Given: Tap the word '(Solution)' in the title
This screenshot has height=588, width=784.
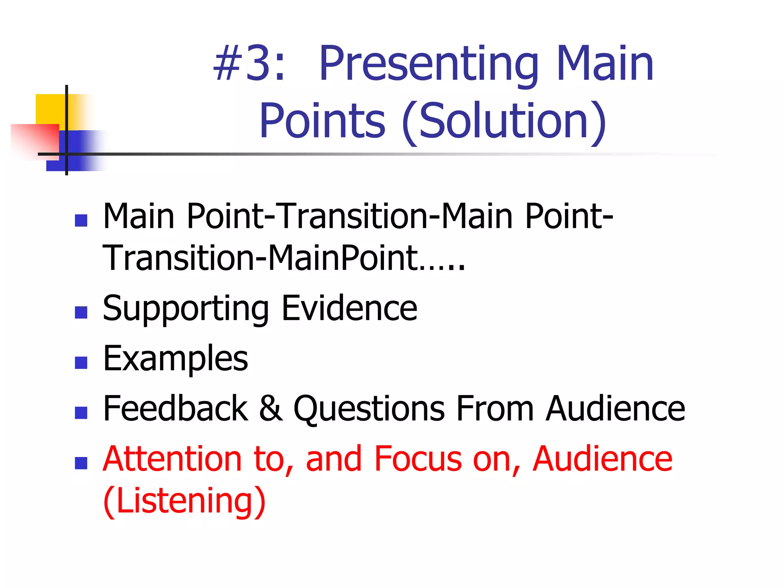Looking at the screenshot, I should coord(504,122).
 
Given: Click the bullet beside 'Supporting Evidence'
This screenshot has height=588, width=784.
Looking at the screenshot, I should coord(81,312).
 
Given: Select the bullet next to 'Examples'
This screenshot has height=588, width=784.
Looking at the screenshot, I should coord(81,363).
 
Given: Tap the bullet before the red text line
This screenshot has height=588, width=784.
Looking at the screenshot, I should coord(81,463).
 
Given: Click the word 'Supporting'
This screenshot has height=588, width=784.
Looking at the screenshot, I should coord(186,309).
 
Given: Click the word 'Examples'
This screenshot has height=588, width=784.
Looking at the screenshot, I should coord(176,359).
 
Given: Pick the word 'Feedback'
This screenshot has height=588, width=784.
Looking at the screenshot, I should coord(176,408).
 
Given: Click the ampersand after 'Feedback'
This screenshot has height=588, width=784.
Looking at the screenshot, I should coord(271,408).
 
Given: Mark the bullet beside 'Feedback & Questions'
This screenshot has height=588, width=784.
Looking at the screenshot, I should coord(81,413).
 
